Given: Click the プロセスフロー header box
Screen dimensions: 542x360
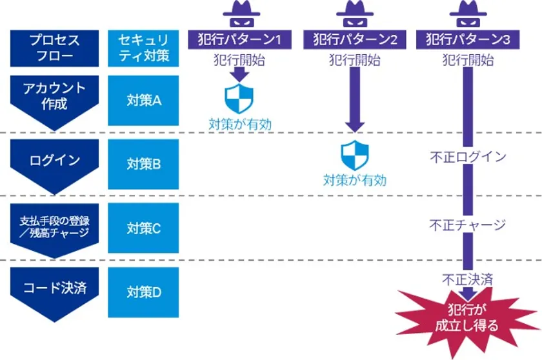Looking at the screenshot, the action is [x=55, y=48].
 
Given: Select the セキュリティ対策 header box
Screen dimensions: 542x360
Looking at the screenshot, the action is [x=143, y=48].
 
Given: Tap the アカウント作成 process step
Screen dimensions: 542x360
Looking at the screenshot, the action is [x=55, y=100].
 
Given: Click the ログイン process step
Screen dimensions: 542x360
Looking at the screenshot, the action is [x=55, y=164].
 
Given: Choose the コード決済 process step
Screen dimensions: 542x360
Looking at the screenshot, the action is [x=55, y=292].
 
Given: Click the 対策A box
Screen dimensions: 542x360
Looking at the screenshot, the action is [x=143, y=101].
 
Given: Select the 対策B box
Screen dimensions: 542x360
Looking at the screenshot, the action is [x=143, y=164].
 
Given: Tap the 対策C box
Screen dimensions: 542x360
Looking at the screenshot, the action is [x=143, y=228].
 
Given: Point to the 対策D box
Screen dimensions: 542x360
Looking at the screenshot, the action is [x=143, y=292].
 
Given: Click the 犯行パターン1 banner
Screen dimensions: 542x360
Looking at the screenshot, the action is [x=239, y=39].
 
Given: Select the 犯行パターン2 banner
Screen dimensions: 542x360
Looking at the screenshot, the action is [x=355, y=39].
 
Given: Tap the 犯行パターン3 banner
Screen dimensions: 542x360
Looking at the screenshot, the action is [x=468, y=39].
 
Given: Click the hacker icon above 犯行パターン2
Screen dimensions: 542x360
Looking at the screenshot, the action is [x=355, y=14].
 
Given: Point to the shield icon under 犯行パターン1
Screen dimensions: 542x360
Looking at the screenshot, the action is [x=239, y=99].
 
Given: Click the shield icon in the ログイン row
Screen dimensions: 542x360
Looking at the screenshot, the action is [x=355, y=155].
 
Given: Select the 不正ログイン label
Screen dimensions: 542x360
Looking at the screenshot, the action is [x=468, y=157].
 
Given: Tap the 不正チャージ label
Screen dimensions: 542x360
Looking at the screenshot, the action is [x=468, y=225].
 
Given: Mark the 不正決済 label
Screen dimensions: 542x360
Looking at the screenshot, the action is [x=468, y=279].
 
